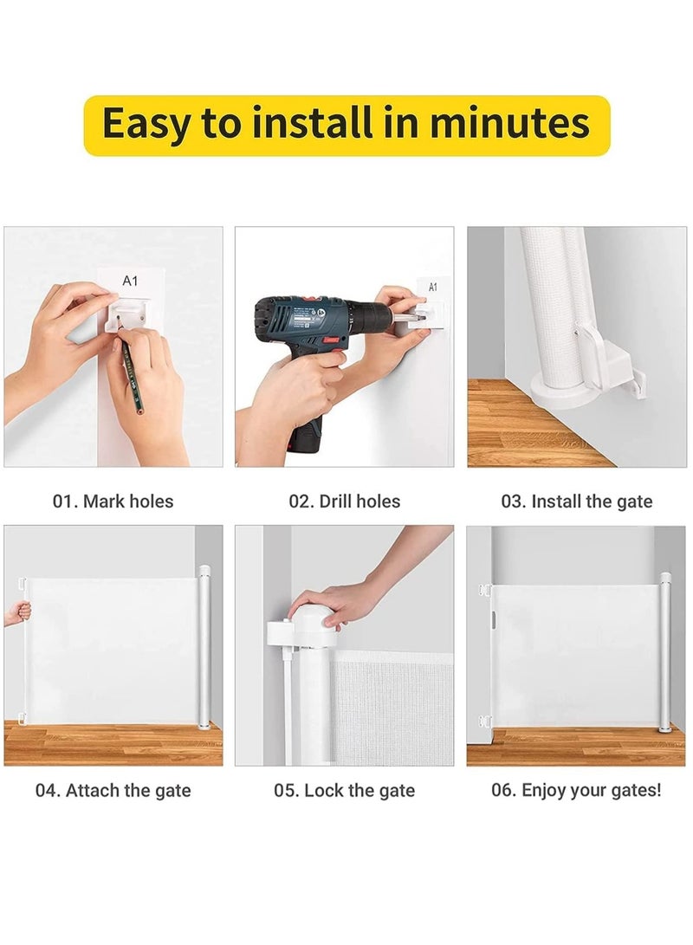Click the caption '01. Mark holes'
[x=113, y=501]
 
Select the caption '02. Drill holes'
[x=345, y=501]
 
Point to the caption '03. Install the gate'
[x=577, y=501]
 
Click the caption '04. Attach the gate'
[x=113, y=790]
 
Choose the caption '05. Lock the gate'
[x=345, y=790]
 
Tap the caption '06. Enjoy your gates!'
[x=577, y=790]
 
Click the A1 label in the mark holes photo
[x=130, y=281]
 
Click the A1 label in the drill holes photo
[x=433, y=287]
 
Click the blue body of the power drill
[x=303, y=324]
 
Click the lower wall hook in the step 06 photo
[x=485, y=722]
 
